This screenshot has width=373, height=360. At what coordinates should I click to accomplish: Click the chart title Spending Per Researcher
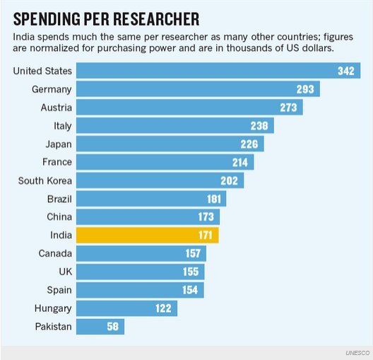(x=105, y=17)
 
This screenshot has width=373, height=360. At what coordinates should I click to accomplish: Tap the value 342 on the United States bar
(x=345, y=71)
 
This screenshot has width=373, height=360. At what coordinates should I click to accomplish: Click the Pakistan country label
(x=53, y=326)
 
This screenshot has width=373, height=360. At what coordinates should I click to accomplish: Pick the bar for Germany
(x=198, y=89)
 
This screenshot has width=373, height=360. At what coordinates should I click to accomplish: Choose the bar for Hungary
(x=126, y=308)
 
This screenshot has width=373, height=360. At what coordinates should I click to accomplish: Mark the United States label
(x=43, y=71)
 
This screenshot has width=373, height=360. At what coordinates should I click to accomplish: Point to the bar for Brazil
(x=150, y=199)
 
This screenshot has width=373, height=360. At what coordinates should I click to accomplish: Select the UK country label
(x=63, y=272)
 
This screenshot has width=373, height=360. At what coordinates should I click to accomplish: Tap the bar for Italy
(x=174, y=126)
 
